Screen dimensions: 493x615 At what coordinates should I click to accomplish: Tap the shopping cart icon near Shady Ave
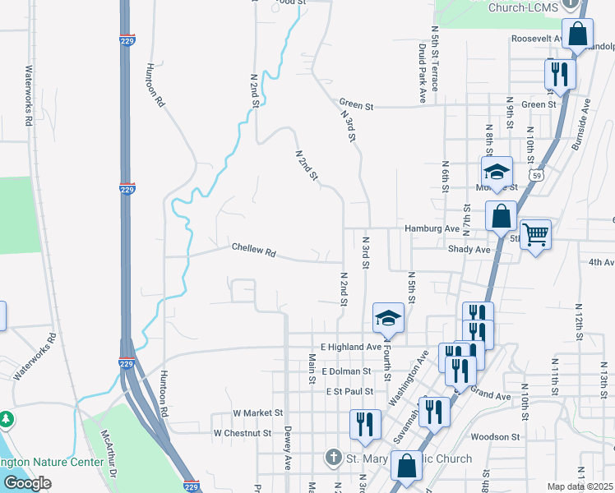tap(535, 235)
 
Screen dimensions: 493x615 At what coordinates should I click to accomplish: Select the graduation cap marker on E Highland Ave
tap(388, 319)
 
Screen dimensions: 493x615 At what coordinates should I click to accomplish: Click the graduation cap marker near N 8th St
tap(497, 173)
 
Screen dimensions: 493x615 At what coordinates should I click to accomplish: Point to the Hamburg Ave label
tap(431, 228)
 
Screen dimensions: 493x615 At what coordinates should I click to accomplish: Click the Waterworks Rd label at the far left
tap(29, 96)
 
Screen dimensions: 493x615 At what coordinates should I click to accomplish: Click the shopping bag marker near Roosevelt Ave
tap(577, 35)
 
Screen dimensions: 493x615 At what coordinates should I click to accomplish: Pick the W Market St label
tap(258, 412)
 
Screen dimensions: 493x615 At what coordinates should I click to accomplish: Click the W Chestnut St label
tap(247, 432)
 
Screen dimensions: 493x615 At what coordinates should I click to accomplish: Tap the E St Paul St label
tap(350, 392)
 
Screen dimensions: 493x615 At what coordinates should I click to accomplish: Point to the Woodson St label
tap(497, 437)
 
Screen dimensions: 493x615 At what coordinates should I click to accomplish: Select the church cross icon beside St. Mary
tap(333, 457)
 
